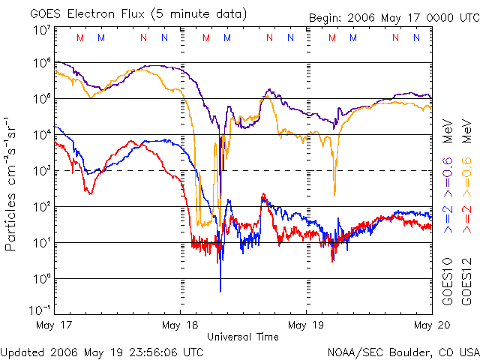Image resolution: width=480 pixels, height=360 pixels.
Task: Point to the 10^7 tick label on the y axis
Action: tap(41, 31)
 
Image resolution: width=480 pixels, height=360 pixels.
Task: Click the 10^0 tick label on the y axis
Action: tap(41, 279)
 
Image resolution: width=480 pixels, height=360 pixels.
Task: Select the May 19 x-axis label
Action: tap(306, 325)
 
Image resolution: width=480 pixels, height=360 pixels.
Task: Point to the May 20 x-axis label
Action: tap(428, 325)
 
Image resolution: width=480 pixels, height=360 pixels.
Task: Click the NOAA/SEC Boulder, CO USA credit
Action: tap(403, 351)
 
